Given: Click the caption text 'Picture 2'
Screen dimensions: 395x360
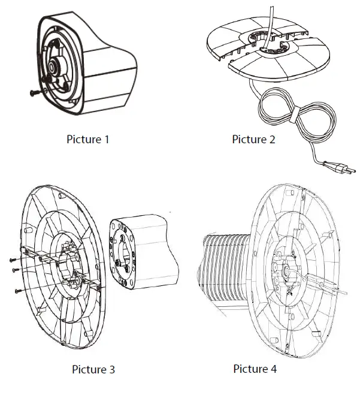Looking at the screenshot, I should point(254,140).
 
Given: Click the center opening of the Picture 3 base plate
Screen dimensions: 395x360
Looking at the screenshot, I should point(72,265).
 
